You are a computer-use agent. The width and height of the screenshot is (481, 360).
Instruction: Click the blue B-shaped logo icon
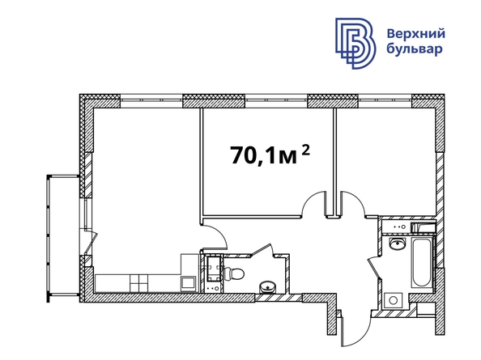point(355,43)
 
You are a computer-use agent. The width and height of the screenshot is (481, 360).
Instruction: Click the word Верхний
point(415,33)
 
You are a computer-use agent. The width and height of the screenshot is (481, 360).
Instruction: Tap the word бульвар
point(415,49)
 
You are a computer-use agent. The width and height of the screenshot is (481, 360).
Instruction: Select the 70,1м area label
point(264,155)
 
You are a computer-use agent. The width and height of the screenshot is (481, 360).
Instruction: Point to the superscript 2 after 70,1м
point(305,150)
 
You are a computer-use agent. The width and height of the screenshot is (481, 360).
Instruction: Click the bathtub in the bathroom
point(423,263)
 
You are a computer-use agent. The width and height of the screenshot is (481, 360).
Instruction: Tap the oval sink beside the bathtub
point(397,244)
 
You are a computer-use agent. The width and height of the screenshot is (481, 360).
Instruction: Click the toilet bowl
point(234,273)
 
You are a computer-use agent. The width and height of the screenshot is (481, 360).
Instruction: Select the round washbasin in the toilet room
point(267,287)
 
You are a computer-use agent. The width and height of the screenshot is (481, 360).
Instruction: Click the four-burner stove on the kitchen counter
point(138,283)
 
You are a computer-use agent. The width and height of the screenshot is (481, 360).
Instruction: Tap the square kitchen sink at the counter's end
point(188,283)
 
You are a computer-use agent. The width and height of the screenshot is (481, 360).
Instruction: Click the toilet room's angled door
point(262,250)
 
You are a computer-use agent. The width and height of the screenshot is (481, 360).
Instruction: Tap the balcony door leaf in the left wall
point(92,243)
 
